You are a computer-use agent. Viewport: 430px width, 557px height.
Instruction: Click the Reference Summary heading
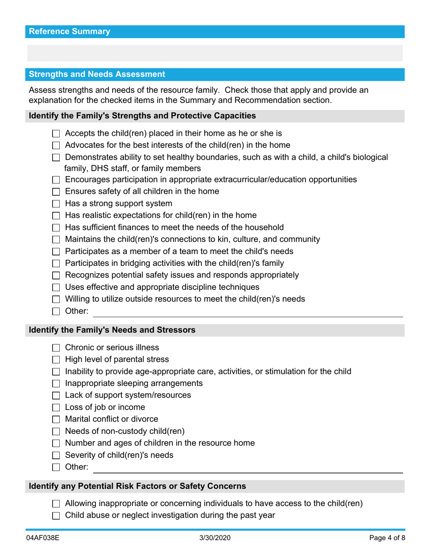(69, 32)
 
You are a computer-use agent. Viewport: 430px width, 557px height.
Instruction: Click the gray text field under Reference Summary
(215, 53)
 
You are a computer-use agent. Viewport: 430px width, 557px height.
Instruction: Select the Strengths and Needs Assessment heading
(97, 74)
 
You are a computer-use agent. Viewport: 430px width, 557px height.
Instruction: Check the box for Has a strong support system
(56, 204)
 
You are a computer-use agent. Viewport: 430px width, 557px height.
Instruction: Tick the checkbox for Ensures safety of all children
(56, 192)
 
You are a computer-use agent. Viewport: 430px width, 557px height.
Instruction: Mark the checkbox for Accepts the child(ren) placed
(56, 134)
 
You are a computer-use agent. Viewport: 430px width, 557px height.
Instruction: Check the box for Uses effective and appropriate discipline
(56, 288)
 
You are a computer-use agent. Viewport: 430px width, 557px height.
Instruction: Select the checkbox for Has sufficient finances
(56, 228)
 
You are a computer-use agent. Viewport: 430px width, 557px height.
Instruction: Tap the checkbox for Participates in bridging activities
(56, 264)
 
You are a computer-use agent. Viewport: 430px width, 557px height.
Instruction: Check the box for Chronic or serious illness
(56, 348)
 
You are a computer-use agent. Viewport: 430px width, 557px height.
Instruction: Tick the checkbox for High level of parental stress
(56, 360)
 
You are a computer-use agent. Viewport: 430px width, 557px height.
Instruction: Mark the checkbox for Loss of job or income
(56, 408)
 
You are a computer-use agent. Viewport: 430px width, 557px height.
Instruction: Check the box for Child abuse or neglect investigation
(56, 515)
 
